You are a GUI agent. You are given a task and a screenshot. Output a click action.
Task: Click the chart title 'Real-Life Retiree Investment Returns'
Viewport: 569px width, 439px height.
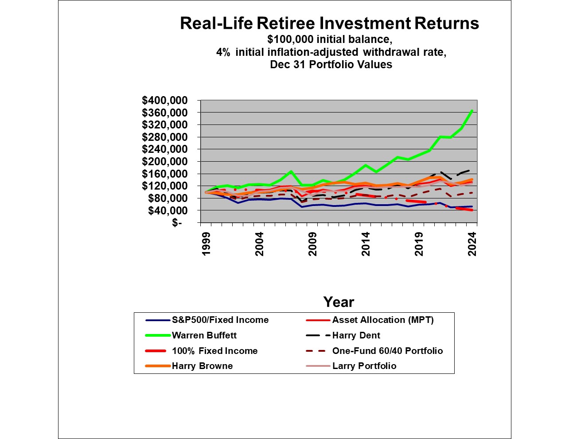point(329,23)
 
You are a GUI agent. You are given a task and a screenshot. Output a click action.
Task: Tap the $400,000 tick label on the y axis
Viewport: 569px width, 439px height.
point(164,101)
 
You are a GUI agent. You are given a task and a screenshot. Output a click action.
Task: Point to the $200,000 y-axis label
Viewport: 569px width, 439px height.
point(164,162)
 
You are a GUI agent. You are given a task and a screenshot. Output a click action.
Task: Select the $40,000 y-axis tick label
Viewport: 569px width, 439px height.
point(167,210)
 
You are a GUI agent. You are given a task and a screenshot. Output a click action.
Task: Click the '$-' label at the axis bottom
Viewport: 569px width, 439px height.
point(177,223)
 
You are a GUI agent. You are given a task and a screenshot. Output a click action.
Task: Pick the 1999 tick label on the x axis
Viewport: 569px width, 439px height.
point(206,244)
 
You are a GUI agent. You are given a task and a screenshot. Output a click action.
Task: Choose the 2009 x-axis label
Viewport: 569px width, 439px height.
point(312,244)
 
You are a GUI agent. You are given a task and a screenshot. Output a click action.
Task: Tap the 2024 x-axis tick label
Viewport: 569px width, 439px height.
point(472,244)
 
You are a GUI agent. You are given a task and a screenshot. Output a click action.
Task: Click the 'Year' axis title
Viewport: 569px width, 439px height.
point(339,302)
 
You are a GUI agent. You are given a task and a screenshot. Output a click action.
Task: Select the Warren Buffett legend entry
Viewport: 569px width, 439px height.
point(204,335)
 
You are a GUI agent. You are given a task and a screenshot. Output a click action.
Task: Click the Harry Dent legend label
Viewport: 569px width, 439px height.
point(356,335)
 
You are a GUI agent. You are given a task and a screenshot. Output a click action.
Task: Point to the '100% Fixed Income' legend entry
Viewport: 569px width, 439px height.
point(214,351)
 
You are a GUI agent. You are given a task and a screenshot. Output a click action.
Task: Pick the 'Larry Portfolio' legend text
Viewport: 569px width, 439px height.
point(364,366)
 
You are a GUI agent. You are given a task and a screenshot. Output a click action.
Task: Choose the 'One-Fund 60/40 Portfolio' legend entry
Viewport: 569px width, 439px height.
point(387,351)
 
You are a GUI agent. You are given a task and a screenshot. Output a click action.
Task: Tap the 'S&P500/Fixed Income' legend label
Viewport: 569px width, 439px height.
point(220,320)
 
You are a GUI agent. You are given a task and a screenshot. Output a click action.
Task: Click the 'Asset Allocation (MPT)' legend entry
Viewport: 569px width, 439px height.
point(383,320)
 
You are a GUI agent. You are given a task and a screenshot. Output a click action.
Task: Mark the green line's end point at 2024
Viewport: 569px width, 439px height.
point(472,110)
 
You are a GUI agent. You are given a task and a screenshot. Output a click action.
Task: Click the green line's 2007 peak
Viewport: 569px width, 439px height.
point(291,171)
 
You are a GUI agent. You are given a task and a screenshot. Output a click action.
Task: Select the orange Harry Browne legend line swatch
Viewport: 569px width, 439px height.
point(158,366)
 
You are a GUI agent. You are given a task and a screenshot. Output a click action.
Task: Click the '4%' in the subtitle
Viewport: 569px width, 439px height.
point(223,52)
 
